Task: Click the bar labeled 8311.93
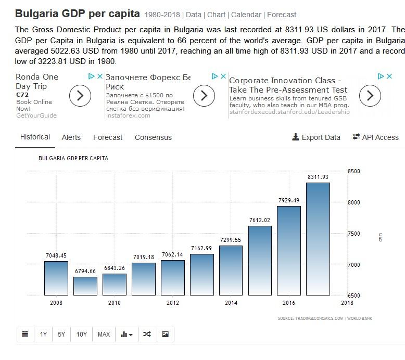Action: [x=318, y=239]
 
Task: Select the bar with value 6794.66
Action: [x=85, y=286]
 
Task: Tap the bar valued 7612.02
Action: [x=259, y=260]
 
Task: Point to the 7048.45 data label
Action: [x=56, y=255]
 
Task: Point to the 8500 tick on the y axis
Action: [x=354, y=171]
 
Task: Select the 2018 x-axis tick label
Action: [x=347, y=303]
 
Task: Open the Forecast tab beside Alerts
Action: [x=108, y=137]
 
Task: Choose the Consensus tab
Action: [x=153, y=137]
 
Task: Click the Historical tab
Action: [x=35, y=137]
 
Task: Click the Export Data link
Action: [x=316, y=137]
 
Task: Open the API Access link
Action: [x=375, y=137]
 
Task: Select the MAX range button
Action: [x=104, y=334]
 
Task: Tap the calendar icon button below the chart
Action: [x=25, y=334]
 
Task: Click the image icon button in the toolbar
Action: [x=165, y=334]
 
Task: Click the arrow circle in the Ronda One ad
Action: [x=80, y=96]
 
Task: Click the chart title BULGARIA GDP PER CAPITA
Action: [x=73, y=158]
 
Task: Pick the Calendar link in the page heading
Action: [x=246, y=15]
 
